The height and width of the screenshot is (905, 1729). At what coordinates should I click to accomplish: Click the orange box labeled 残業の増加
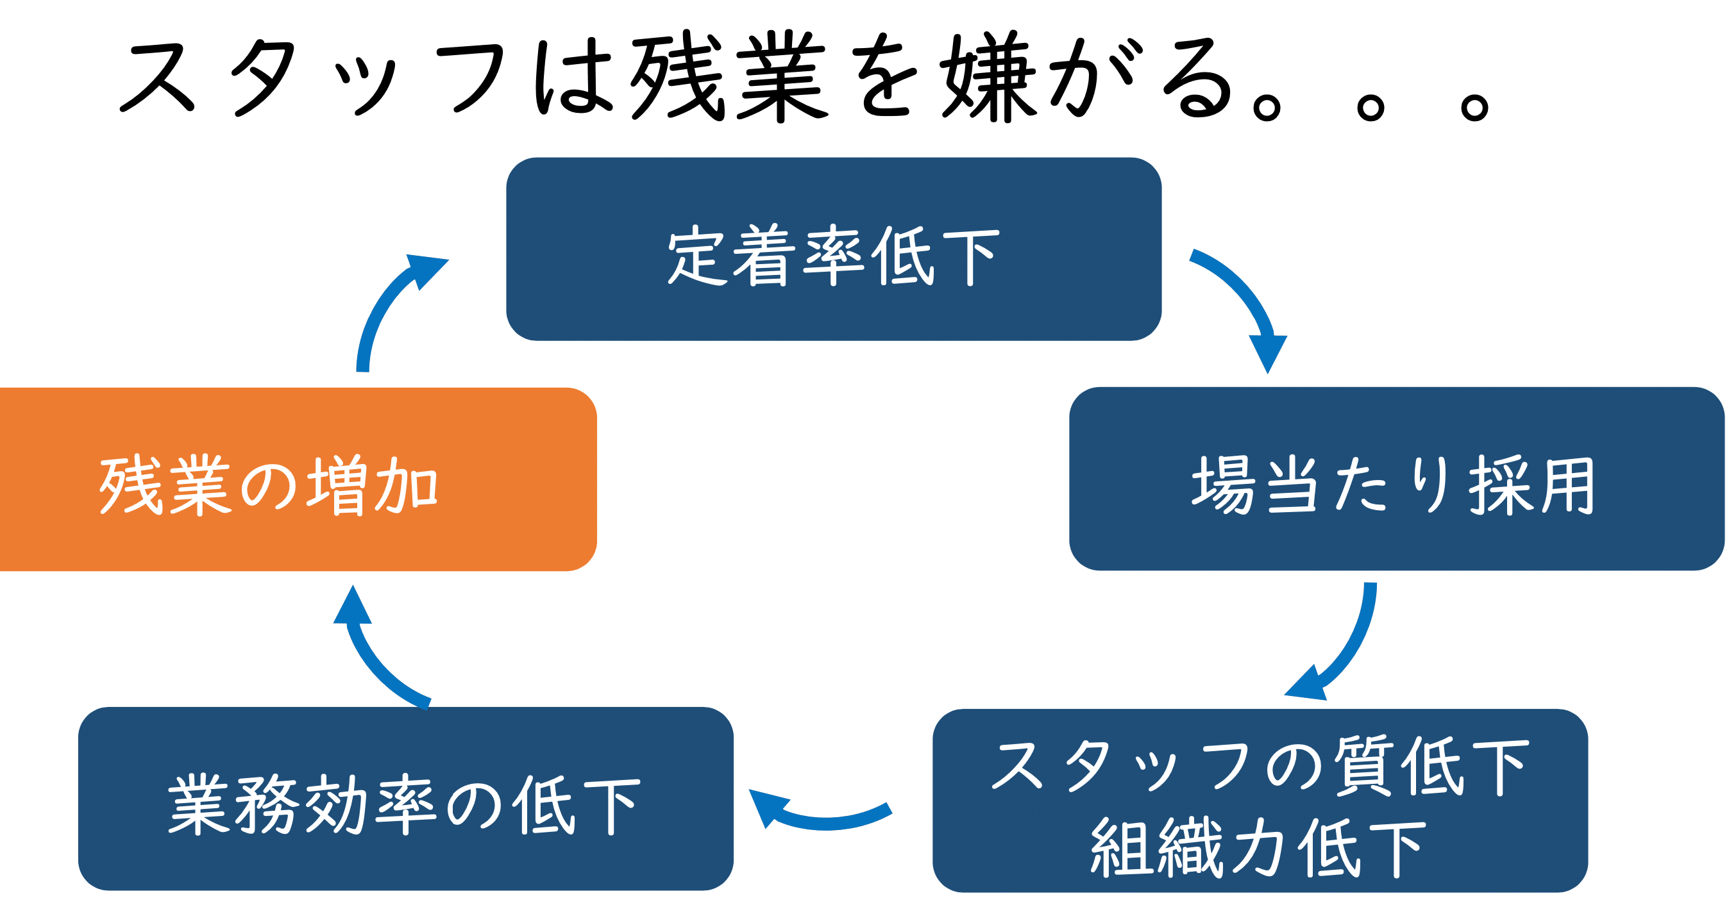(298, 479)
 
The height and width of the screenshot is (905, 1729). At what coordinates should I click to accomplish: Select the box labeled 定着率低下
(834, 249)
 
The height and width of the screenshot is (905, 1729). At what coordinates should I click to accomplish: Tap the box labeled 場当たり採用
(1397, 478)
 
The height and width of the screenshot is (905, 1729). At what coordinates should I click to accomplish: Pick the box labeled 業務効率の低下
(405, 799)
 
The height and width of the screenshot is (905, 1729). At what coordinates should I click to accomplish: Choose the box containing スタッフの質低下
(1260, 801)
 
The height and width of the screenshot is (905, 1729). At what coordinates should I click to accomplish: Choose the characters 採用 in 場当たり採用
(1531, 486)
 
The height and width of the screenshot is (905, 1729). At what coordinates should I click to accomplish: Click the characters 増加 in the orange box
(373, 486)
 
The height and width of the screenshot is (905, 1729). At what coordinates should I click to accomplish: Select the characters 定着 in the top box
(730, 256)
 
